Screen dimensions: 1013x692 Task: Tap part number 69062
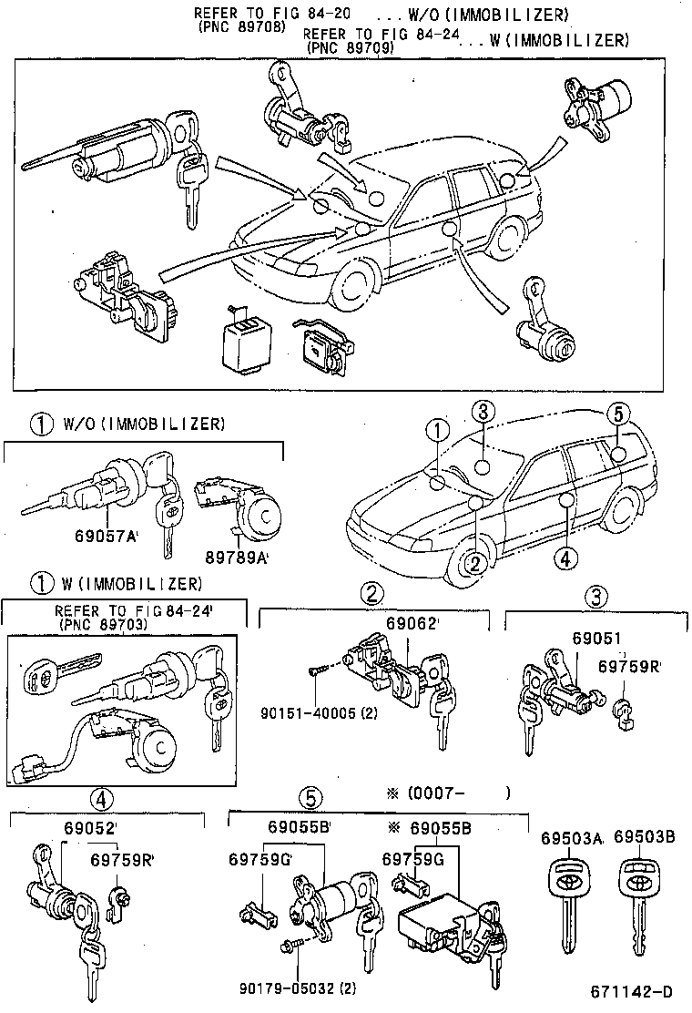[412, 625]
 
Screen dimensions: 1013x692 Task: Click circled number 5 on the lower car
[617, 414]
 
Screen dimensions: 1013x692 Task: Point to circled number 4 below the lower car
[565, 558]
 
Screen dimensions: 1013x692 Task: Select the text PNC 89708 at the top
[240, 27]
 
